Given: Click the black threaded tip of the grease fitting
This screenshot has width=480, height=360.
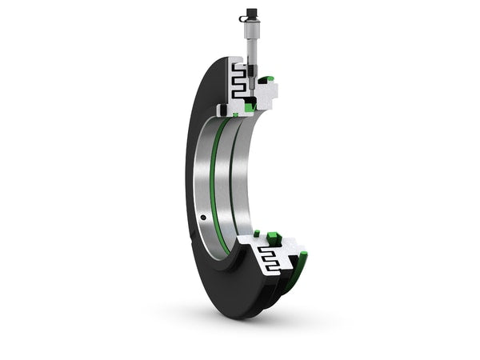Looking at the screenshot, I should coord(250,81).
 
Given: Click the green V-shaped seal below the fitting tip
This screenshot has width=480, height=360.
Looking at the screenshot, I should coord(250,105).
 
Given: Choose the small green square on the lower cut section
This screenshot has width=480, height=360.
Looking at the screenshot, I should coord(257,234).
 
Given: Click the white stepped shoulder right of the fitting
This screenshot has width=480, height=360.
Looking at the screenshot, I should coord(272,96).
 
